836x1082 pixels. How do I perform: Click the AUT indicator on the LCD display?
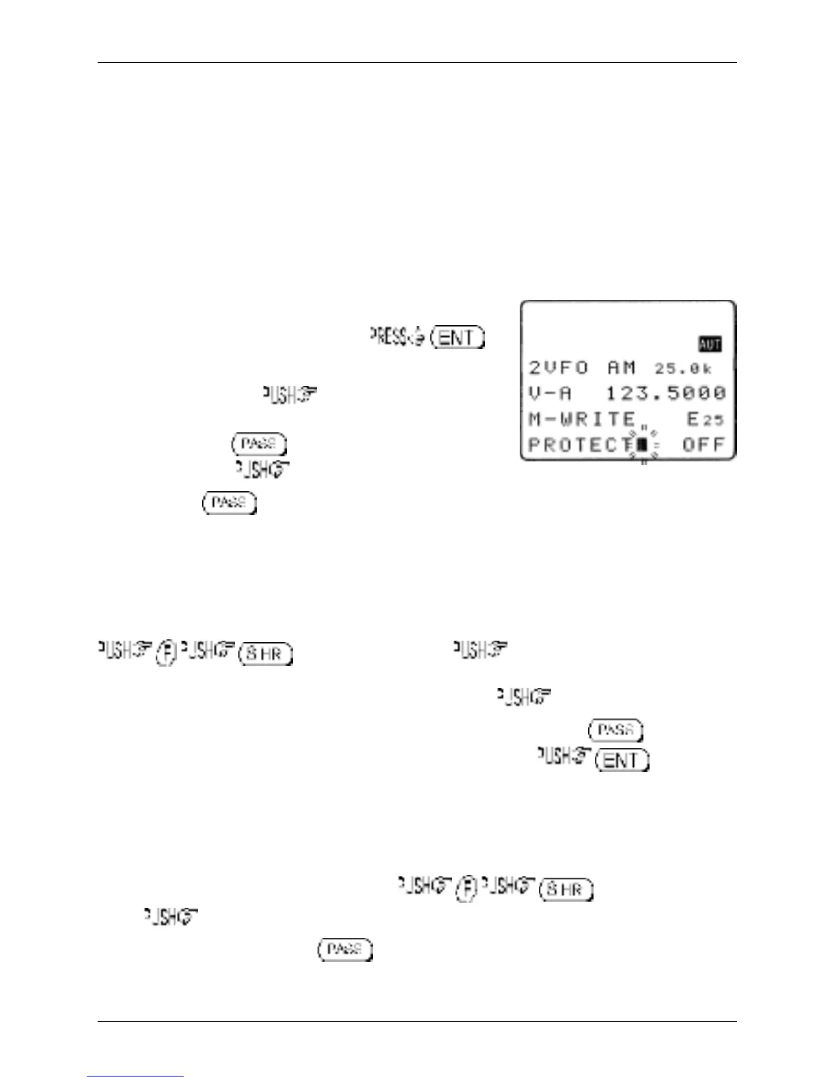(x=710, y=344)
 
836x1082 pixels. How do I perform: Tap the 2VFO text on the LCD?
(x=558, y=368)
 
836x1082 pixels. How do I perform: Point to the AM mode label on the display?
(x=622, y=368)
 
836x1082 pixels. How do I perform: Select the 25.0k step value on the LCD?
(x=683, y=369)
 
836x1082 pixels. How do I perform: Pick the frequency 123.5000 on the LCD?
(x=666, y=393)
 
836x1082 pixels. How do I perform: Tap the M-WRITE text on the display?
(x=582, y=419)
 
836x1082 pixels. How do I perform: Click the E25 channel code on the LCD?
(x=704, y=419)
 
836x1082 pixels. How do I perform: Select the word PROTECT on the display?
(x=581, y=445)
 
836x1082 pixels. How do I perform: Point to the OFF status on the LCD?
(x=703, y=445)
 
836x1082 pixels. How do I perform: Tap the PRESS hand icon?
(x=398, y=337)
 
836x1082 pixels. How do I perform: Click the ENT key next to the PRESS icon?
(x=458, y=337)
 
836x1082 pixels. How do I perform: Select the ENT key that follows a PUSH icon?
(x=622, y=760)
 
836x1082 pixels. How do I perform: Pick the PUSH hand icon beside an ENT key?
(x=563, y=757)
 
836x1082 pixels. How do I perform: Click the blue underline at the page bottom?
(x=135, y=1077)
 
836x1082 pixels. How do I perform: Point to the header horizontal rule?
(x=417, y=63)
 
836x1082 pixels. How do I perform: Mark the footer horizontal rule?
(x=417, y=1022)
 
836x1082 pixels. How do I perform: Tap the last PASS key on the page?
(x=344, y=949)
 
